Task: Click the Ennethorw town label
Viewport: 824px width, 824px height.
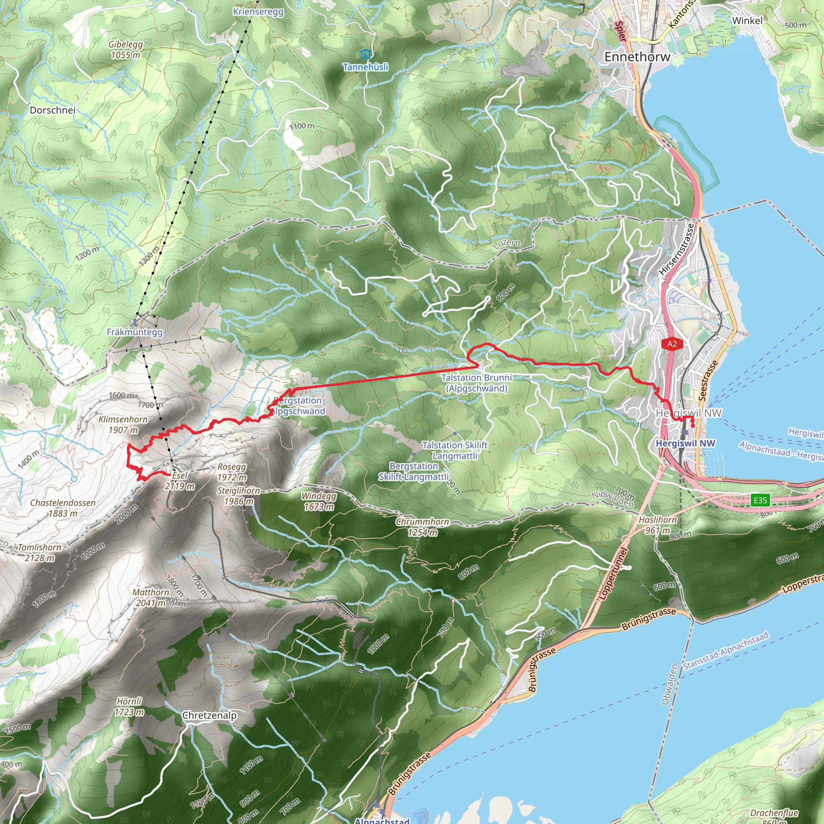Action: [637, 57]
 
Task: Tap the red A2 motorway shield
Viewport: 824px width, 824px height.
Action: [672, 344]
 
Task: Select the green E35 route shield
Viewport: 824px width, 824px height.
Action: [760, 500]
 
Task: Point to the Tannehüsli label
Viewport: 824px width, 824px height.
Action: [365, 67]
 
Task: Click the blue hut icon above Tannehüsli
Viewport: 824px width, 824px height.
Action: [365, 55]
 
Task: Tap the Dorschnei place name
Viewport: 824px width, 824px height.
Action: [52, 110]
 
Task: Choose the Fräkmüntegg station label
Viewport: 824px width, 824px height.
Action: [134, 332]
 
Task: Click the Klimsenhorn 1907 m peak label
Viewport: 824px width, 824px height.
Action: [123, 424]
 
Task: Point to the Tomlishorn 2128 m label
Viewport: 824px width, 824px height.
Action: [40, 552]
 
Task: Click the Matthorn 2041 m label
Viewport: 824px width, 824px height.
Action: [150, 597]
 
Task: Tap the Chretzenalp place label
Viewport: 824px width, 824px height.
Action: [209, 715]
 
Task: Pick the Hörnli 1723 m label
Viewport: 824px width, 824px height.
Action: [129, 707]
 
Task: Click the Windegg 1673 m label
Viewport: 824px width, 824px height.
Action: [319, 501]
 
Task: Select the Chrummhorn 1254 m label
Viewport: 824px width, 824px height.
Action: [422, 527]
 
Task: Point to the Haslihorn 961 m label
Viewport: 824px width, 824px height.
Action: [658, 525]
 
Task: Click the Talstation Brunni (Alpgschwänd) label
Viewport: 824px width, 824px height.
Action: [476, 383]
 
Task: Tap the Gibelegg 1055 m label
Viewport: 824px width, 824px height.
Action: [126, 49]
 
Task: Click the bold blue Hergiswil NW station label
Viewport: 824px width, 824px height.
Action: [685, 443]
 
